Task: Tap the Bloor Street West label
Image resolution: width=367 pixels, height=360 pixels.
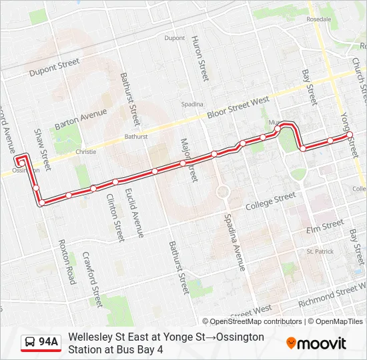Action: click(x=238, y=107)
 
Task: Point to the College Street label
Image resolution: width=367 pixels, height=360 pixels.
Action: click(x=270, y=201)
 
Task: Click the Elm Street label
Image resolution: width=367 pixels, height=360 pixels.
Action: click(x=324, y=227)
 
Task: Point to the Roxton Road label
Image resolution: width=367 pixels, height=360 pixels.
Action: click(x=67, y=262)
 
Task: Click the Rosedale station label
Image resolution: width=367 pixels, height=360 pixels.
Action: click(x=318, y=19)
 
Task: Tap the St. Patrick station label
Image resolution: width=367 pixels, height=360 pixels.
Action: click(x=320, y=251)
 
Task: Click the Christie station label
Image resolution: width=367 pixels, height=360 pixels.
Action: click(x=86, y=152)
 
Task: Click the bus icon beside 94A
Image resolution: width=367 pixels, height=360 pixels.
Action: click(x=30, y=343)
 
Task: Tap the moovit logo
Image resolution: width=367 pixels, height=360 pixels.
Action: click(x=316, y=343)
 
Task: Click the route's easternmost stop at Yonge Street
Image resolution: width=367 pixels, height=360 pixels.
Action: click(x=349, y=135)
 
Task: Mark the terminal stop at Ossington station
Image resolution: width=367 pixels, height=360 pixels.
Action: click(x=21, y=161)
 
